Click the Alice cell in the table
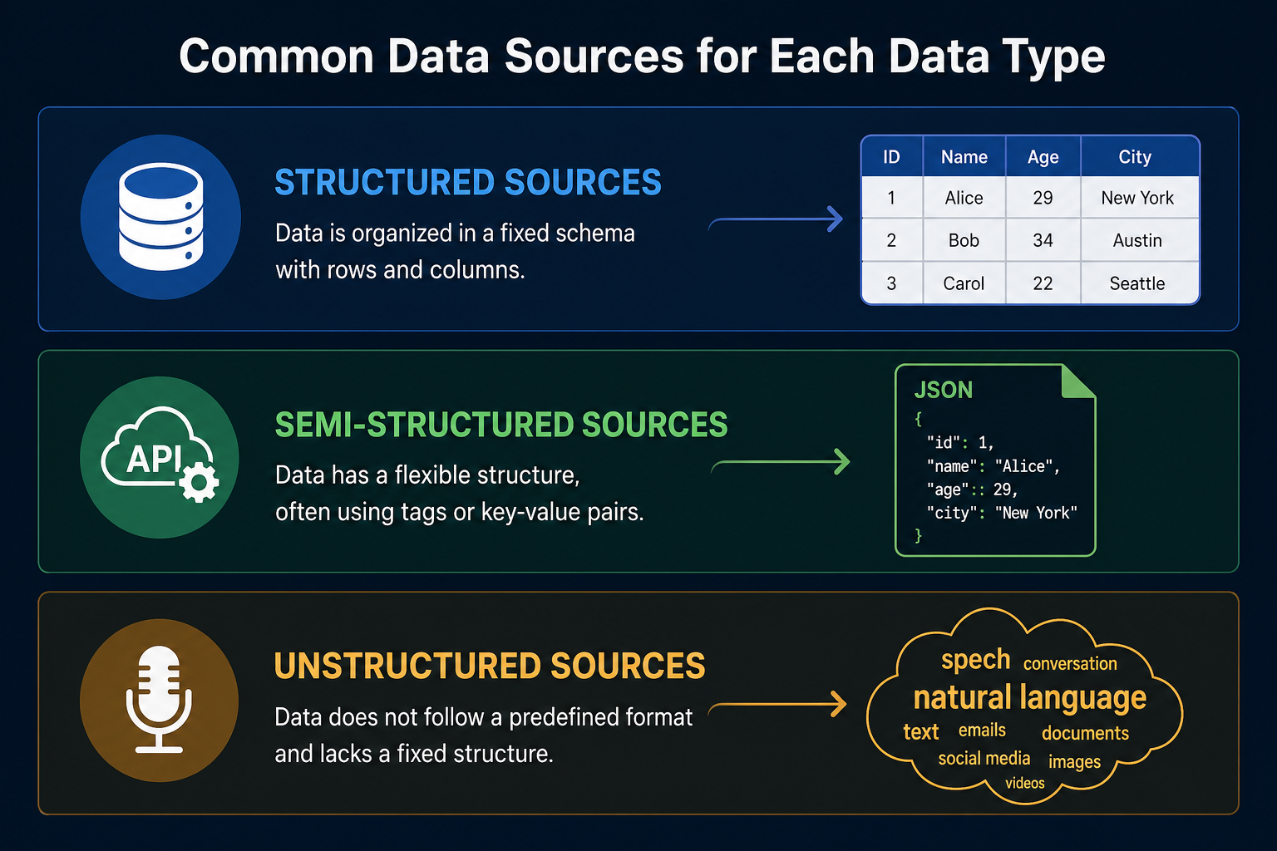click(x=964, y=198)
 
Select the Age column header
click(x=1043, y=157)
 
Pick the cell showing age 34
click(x=1043, y=240)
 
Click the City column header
click(x=1135, y=157)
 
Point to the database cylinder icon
click(x=160, y=217)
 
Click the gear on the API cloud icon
click(x=199, y=482)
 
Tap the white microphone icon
click(x=159, y=700)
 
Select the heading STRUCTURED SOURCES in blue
click(x=468, y=182)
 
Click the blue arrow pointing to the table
click(x=776, y=219)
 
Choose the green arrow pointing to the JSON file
click(x=781, y=462)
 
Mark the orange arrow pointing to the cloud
click(x=777, y=705)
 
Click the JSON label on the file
click(x=944, y=390)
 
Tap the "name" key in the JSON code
click(x=949, y=466)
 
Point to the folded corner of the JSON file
click(x=1077, y=381)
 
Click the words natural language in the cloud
click(x=1029, y=698)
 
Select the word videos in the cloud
click(x=1025, y=783)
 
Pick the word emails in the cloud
click(x=982, y=730)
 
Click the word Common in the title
click(x=277, y=56)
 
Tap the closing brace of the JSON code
click(x=919, y=535)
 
